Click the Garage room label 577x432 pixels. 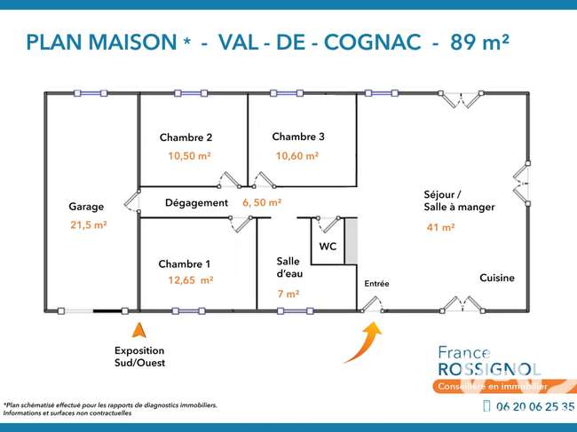click(x=86, y=207)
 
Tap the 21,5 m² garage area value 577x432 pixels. click(x=89, y=224)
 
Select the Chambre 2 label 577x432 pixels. click(x=186, y=137)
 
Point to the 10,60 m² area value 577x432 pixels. click(x=297, y=156)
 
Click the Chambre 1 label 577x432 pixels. click(x=185, y=264)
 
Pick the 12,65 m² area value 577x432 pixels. click(x=191, y=280)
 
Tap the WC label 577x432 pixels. click(x=328, y=247)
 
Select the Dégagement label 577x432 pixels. click(x=196, y=203)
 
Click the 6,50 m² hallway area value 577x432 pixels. click(x=262, y=202)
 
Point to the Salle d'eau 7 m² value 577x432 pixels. click(x=288, y=295)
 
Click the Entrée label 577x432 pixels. click(x=376, y=284)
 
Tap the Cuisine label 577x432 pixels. click(x=497, y=278)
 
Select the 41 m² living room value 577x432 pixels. click(x=440, y=227)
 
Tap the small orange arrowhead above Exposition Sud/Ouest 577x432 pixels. click(x=139, y=330)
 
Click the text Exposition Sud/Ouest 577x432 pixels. click(x=140, y=357)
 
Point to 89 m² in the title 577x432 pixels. click(x=480, y=42)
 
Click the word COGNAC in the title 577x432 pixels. click(x=373, y=42)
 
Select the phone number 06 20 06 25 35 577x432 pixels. click(x=535, y=406)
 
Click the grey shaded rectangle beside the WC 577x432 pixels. click(x=351, y=241)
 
